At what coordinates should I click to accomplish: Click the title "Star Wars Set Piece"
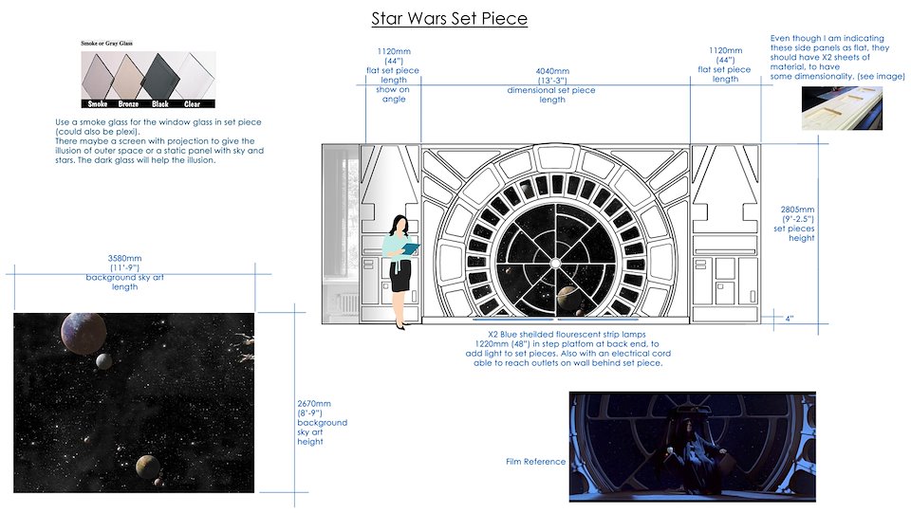click(449, 19)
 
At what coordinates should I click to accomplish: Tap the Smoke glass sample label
click(98, 104)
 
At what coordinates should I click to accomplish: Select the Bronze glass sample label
click(128, 104)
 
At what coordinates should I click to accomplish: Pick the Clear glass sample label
click(192, 104)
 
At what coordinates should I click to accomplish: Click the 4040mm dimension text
click(551, 72)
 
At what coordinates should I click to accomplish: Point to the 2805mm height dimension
click(797, 210)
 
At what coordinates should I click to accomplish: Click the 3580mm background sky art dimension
click(124, 259)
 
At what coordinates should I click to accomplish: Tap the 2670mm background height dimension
click(314, 403)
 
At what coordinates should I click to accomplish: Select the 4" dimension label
click(789, 319)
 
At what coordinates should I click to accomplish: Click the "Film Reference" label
click(535, 462)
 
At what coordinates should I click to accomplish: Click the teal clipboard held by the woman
click(411, 248)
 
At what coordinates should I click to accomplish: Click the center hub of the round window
click(555, 264)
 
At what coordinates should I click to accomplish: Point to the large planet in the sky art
click(84, 334)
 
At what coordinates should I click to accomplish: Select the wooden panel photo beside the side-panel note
click(842, 108)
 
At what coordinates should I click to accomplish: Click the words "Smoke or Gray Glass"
click(106, 43)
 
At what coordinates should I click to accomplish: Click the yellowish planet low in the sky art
click(148, 467)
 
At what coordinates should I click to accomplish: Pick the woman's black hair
click(399, 224)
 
